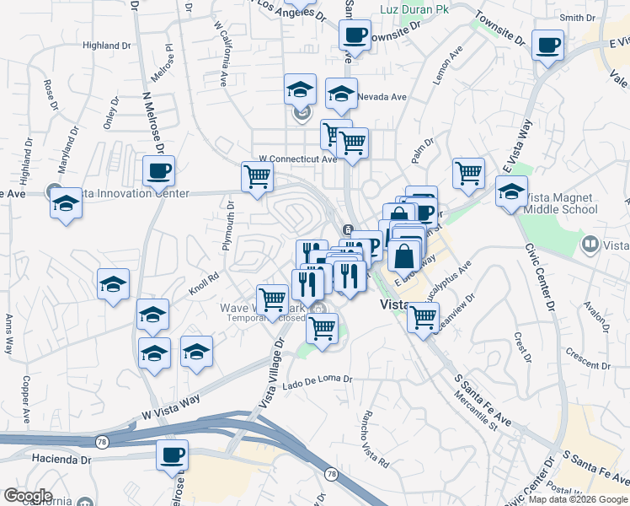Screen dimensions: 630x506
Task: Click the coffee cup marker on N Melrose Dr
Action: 158,172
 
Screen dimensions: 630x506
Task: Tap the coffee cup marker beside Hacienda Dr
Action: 172,455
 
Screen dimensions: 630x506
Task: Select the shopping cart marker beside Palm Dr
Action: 468,174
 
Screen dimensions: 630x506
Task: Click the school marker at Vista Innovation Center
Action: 66,204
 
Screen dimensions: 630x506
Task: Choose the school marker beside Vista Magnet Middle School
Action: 511,192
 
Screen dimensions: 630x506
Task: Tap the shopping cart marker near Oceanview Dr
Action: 423,318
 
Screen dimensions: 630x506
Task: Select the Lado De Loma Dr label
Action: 318,380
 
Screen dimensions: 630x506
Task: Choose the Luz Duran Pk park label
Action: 415,9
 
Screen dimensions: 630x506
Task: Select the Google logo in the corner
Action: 27,496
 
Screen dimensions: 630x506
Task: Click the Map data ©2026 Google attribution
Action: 577,499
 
